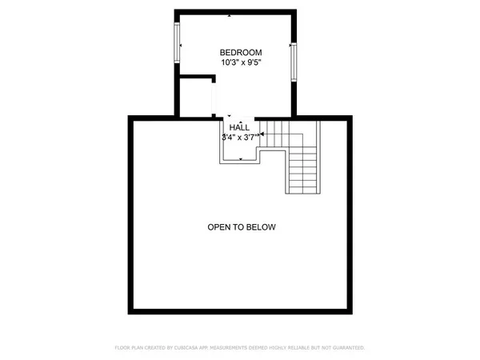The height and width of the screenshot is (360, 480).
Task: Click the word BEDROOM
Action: click(237, 52)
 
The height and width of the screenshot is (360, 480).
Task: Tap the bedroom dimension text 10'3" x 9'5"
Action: click(237, 62)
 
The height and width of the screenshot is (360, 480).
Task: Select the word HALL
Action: click(239, 127)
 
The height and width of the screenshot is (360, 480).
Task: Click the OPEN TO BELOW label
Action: click(242, 227)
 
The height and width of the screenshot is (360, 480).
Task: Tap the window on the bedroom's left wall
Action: click(178, 44)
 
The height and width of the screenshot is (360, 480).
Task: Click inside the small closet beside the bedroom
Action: click(194, 96)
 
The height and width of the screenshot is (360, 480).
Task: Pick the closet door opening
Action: click(213, 100)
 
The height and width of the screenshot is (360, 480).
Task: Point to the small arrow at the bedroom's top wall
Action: click(230, 15)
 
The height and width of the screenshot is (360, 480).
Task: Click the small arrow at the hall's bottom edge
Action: click(239, 158)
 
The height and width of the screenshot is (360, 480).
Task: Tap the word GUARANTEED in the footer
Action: click(346, 348)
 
